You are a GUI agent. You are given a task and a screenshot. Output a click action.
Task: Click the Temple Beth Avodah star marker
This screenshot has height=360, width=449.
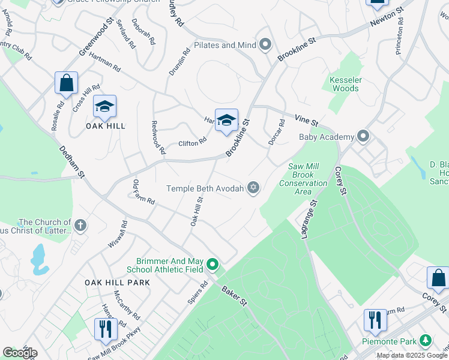pyautogui.click(x=253, y=188)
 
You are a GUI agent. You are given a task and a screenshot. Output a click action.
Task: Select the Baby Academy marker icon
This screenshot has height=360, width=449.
pyautogui.click(x=363, y=137)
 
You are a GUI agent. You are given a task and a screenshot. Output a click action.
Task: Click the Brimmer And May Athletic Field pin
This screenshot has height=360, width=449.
pyautogui.click(x=212, y=264)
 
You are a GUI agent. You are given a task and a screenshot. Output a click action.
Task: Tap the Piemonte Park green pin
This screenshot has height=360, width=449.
pyautogui.click(x=426, y=341)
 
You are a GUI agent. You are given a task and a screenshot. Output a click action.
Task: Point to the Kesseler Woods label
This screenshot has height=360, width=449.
pyautogui.click(x=344, y=84)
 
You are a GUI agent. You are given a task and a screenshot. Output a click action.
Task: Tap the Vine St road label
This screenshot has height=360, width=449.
pyautogui.click(x=306, y=121)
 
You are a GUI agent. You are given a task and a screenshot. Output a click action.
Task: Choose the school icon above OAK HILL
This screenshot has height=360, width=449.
pyautogui.click(x=104, y=107)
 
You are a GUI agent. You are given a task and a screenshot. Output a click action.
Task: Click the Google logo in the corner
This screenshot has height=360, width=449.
pyautogui.click(x=20, y=353)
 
